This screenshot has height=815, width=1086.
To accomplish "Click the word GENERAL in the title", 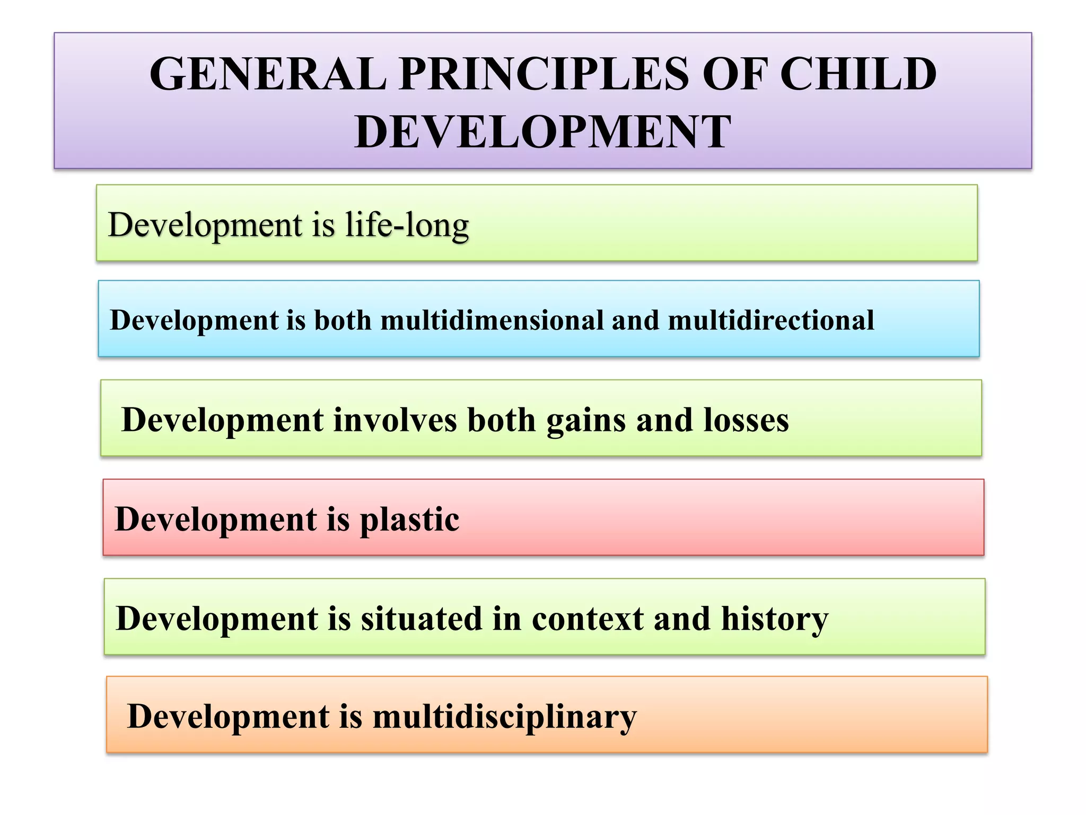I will point(268,74).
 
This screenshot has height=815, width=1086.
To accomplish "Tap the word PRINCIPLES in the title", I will point(544,74).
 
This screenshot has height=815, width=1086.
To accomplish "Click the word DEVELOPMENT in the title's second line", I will point(543,132).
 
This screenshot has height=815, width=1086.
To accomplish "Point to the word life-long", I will point(407,225).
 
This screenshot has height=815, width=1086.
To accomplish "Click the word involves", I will point(395,420).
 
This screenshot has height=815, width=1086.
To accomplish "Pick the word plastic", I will point(409,520).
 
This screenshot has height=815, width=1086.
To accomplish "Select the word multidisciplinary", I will point(504,717).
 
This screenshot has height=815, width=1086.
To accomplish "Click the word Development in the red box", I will point(215,520).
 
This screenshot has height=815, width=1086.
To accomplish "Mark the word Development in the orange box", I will point(228,717).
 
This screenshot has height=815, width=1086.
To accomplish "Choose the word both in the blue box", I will point(343,320).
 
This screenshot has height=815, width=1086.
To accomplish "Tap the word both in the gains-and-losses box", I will point(501,420).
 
